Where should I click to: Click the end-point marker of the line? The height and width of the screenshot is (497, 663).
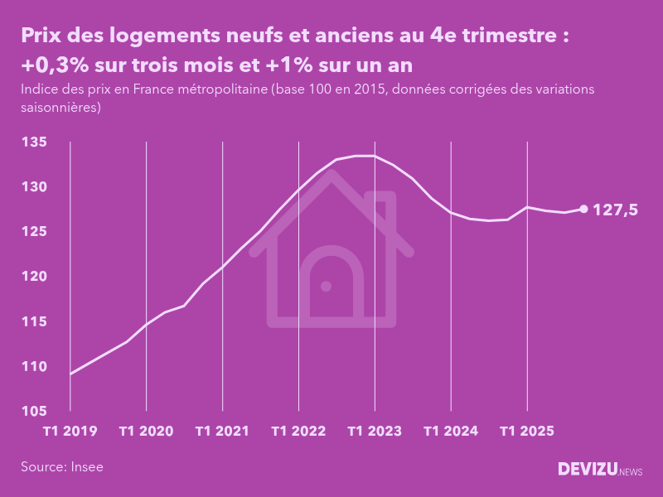[583, 210]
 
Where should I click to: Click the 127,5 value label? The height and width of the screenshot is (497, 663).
[616, 210]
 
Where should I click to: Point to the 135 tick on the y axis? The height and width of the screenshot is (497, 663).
[34, 143]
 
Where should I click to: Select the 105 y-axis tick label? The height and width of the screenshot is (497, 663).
[34, 411]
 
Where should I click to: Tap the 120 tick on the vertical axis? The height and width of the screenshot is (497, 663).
[34, 277]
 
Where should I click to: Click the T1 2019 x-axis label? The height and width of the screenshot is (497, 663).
[70, 432]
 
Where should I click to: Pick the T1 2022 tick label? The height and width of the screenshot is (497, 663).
[298, 432]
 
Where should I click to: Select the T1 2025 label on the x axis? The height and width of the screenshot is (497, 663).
[527, 432]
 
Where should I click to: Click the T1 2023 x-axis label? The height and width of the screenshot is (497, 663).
[375, 432]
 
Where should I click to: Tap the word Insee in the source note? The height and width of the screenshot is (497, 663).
[86, 467]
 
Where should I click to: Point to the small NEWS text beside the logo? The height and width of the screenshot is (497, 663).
[631, 472]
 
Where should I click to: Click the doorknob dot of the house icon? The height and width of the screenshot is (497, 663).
[326, 287]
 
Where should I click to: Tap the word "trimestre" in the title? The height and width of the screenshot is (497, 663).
[506, 36]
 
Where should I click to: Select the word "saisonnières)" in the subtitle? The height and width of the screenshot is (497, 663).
[60, 107]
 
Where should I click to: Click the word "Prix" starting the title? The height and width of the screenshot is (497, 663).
[41, 36]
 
